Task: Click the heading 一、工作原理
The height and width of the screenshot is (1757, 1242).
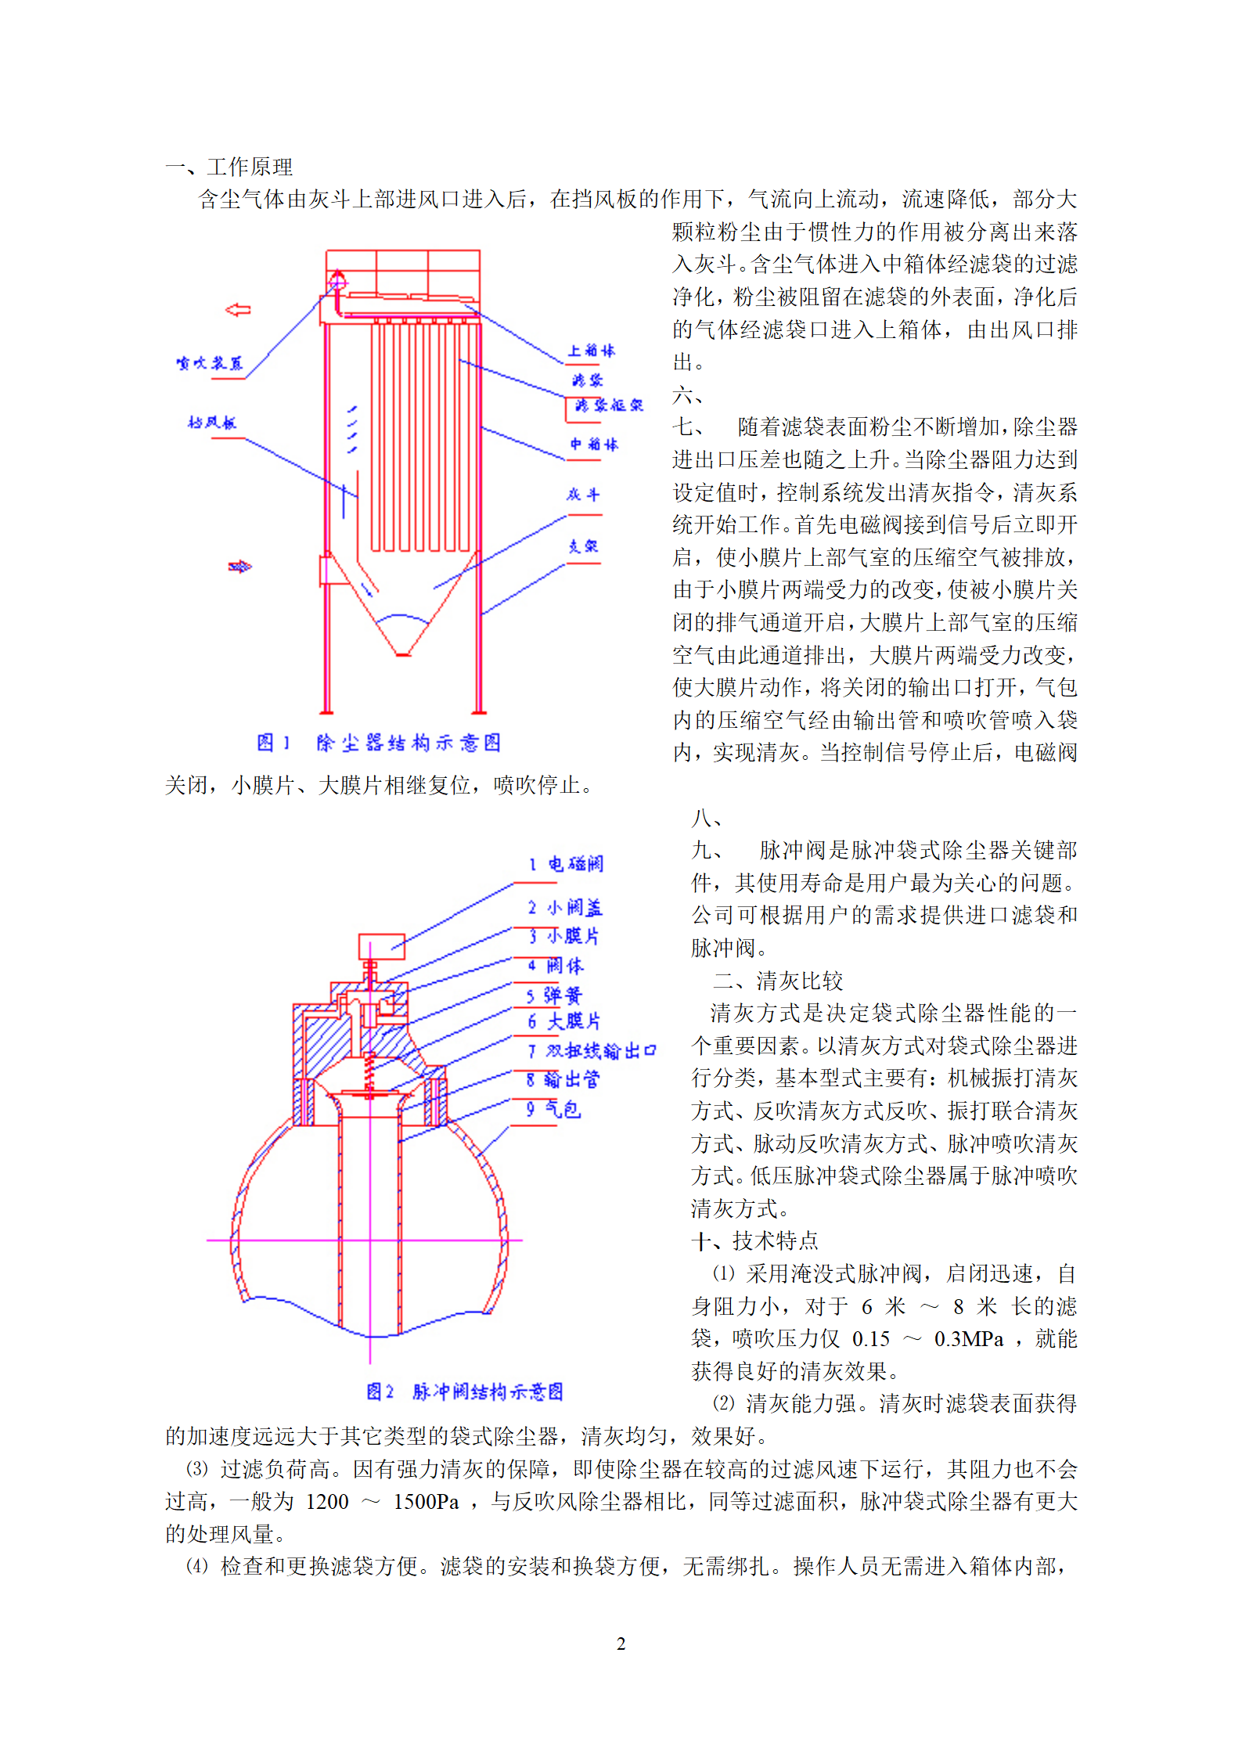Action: (x=229, y=167)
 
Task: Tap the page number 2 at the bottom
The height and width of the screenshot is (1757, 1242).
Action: (x=621, y=1644)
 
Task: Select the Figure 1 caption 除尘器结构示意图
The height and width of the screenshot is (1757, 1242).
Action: (x=379, y=743)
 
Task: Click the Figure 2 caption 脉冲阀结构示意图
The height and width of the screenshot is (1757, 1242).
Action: (x=465, y=1391)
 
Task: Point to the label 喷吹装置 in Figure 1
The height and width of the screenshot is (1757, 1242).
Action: (x=210, y=363)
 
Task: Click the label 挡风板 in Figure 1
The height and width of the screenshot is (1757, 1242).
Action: (x=211, y=423)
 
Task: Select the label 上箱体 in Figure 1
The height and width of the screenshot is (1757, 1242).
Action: (x=591, y=351)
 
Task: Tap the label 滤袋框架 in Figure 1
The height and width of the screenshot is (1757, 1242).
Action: (x=608, y=405)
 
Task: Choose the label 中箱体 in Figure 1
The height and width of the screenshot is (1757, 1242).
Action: (x=594, y=445)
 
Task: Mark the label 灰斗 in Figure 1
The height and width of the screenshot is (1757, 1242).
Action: (x=583, y=495)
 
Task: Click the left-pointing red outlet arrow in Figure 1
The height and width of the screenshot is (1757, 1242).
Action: (x=238, y=310)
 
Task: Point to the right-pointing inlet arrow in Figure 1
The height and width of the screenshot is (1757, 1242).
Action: (x=239, y=567)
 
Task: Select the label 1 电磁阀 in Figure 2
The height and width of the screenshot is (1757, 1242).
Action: (x=566, y=864)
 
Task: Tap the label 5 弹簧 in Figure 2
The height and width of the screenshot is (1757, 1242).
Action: (x=554, y=996)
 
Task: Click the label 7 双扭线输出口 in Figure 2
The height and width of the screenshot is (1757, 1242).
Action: (x=592, y=1050)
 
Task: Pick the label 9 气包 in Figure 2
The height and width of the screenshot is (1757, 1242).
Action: (x=554, y=1109)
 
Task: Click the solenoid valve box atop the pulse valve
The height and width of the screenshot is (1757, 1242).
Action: (x=382, y=946)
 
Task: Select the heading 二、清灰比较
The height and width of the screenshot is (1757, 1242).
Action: (x=778, y=981)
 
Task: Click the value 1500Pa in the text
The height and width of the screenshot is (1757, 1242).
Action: (x=426, y=1501)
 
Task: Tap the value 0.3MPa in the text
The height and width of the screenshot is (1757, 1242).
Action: (x=968, y=1338)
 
